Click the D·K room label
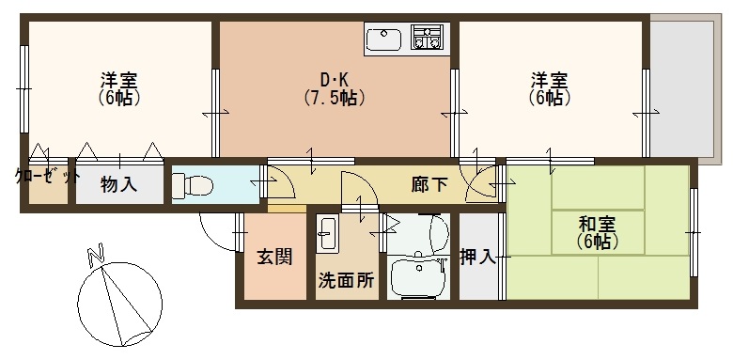pos(334,78)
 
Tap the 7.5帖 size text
pos(334,96)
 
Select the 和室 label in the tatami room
pos(597,225)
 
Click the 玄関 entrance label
pos(273,257)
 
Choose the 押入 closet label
pos(478,257)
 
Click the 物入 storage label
pos(119,184)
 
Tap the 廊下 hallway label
pos(429,184)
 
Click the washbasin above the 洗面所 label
pos(328,233)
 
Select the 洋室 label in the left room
pos(119,78)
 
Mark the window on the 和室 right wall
pos(695,226)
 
